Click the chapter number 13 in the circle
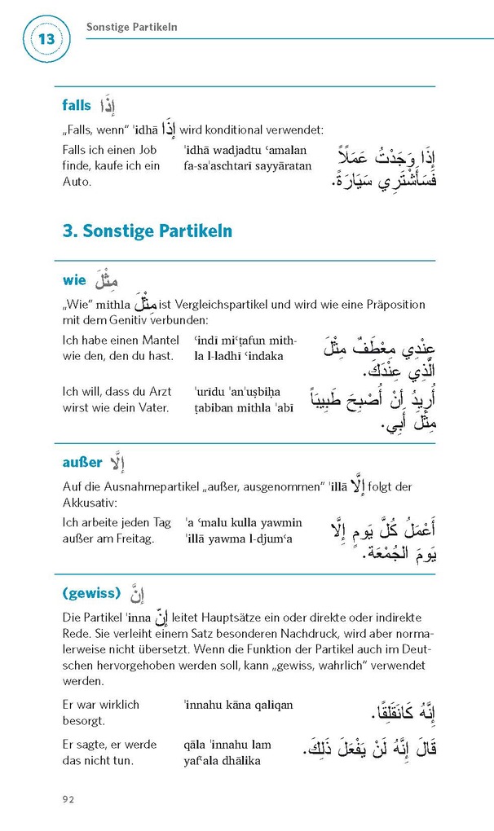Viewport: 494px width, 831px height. pyautogui.click(x=47, y=39)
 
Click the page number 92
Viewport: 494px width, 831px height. pyautogui.click(x=68, y=799)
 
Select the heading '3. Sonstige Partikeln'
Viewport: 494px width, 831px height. pyautogui.click(x=147, y=231)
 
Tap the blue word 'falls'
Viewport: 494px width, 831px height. pyautogui.click(x=77, y=105)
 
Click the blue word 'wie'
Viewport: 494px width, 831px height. pyautogui.click(x=73, y=280)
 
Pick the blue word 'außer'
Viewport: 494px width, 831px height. pyautogui.click(x=82, y=463)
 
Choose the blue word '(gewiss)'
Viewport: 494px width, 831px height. pyautogui.click(x=91, y=591)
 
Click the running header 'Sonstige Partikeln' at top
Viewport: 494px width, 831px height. pyautogui.click(x=132, y=28)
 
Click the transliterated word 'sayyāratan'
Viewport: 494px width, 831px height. pyautogui.click(x=284, y=166)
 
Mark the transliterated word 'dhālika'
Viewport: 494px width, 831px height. pyautogui.click(x=238, y=760)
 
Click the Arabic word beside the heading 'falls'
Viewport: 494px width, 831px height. pyautogui.click(x=108, y=106)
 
